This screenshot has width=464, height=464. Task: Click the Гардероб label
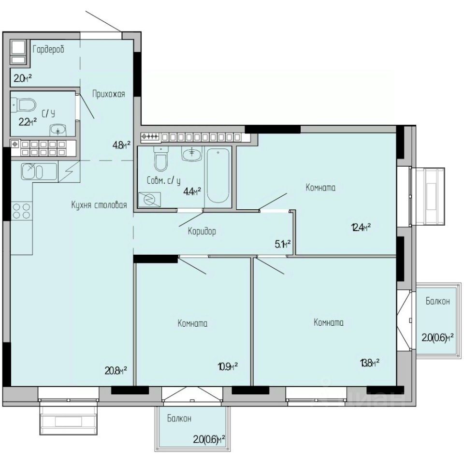pos(48,49)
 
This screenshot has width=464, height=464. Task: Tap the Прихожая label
pos(109,94)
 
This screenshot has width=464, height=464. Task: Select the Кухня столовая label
pos(99,205)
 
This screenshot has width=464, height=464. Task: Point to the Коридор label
pos(202,231)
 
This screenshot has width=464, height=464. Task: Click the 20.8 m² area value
pos(116,370)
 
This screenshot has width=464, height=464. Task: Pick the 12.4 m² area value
pos(361,228)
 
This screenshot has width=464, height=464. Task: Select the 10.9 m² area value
pos(228,367)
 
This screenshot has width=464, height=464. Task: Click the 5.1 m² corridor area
pos(283,244)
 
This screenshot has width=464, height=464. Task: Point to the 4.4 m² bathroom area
pos(192,192)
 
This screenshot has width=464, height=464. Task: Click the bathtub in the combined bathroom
pos(218,175)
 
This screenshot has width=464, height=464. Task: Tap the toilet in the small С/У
pos(24,105)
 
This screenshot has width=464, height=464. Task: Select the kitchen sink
pos(39,172)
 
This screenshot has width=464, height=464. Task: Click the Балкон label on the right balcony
pos(438,301)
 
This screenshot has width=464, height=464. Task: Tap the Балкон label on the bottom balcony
pos(179,419)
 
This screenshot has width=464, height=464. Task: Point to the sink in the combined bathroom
pos(192,154)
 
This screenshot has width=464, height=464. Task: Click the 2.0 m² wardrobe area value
pos(23,78)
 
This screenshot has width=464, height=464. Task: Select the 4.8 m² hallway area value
pos(121,145)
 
